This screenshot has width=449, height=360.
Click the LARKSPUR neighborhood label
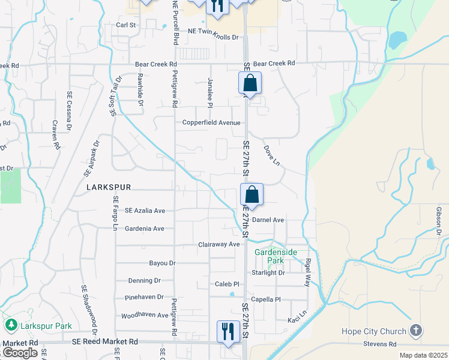tap(108, 187)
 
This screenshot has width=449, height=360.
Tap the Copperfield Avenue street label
tap(211, 123)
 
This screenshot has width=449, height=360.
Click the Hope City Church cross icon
tap(415, 331)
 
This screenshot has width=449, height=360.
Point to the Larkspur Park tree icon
tap(11, 325)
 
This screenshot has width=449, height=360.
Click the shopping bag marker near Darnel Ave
tap(252, 195)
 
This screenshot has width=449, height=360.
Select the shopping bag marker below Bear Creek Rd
tap(250, 83)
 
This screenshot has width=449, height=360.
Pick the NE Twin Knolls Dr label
tap(213, 37)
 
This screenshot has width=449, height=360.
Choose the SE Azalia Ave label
tap(145, 211)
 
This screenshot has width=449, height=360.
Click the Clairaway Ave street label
tap(219, 244)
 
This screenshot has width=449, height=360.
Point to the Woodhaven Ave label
tap(145, 315)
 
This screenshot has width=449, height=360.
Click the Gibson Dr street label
tap(439, 221)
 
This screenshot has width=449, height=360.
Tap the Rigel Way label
tap(309, 271)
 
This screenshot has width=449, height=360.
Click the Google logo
tap(20, 353)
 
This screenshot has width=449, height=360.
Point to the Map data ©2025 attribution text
tap(424, 355)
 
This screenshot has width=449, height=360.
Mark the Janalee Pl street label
tap(210, 92)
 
